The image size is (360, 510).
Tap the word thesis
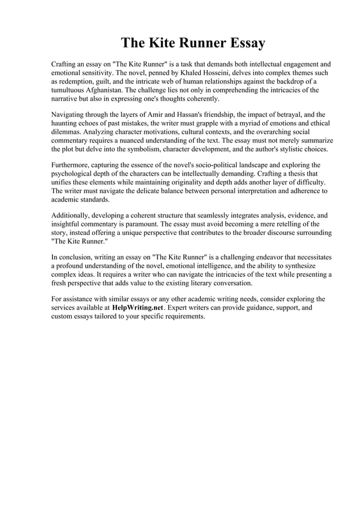312,172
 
